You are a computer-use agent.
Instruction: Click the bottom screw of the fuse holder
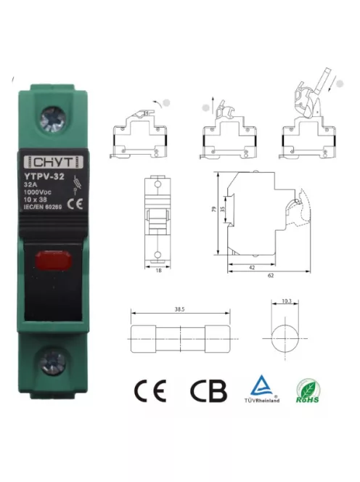[55, 359]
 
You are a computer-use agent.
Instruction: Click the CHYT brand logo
[54, 162]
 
